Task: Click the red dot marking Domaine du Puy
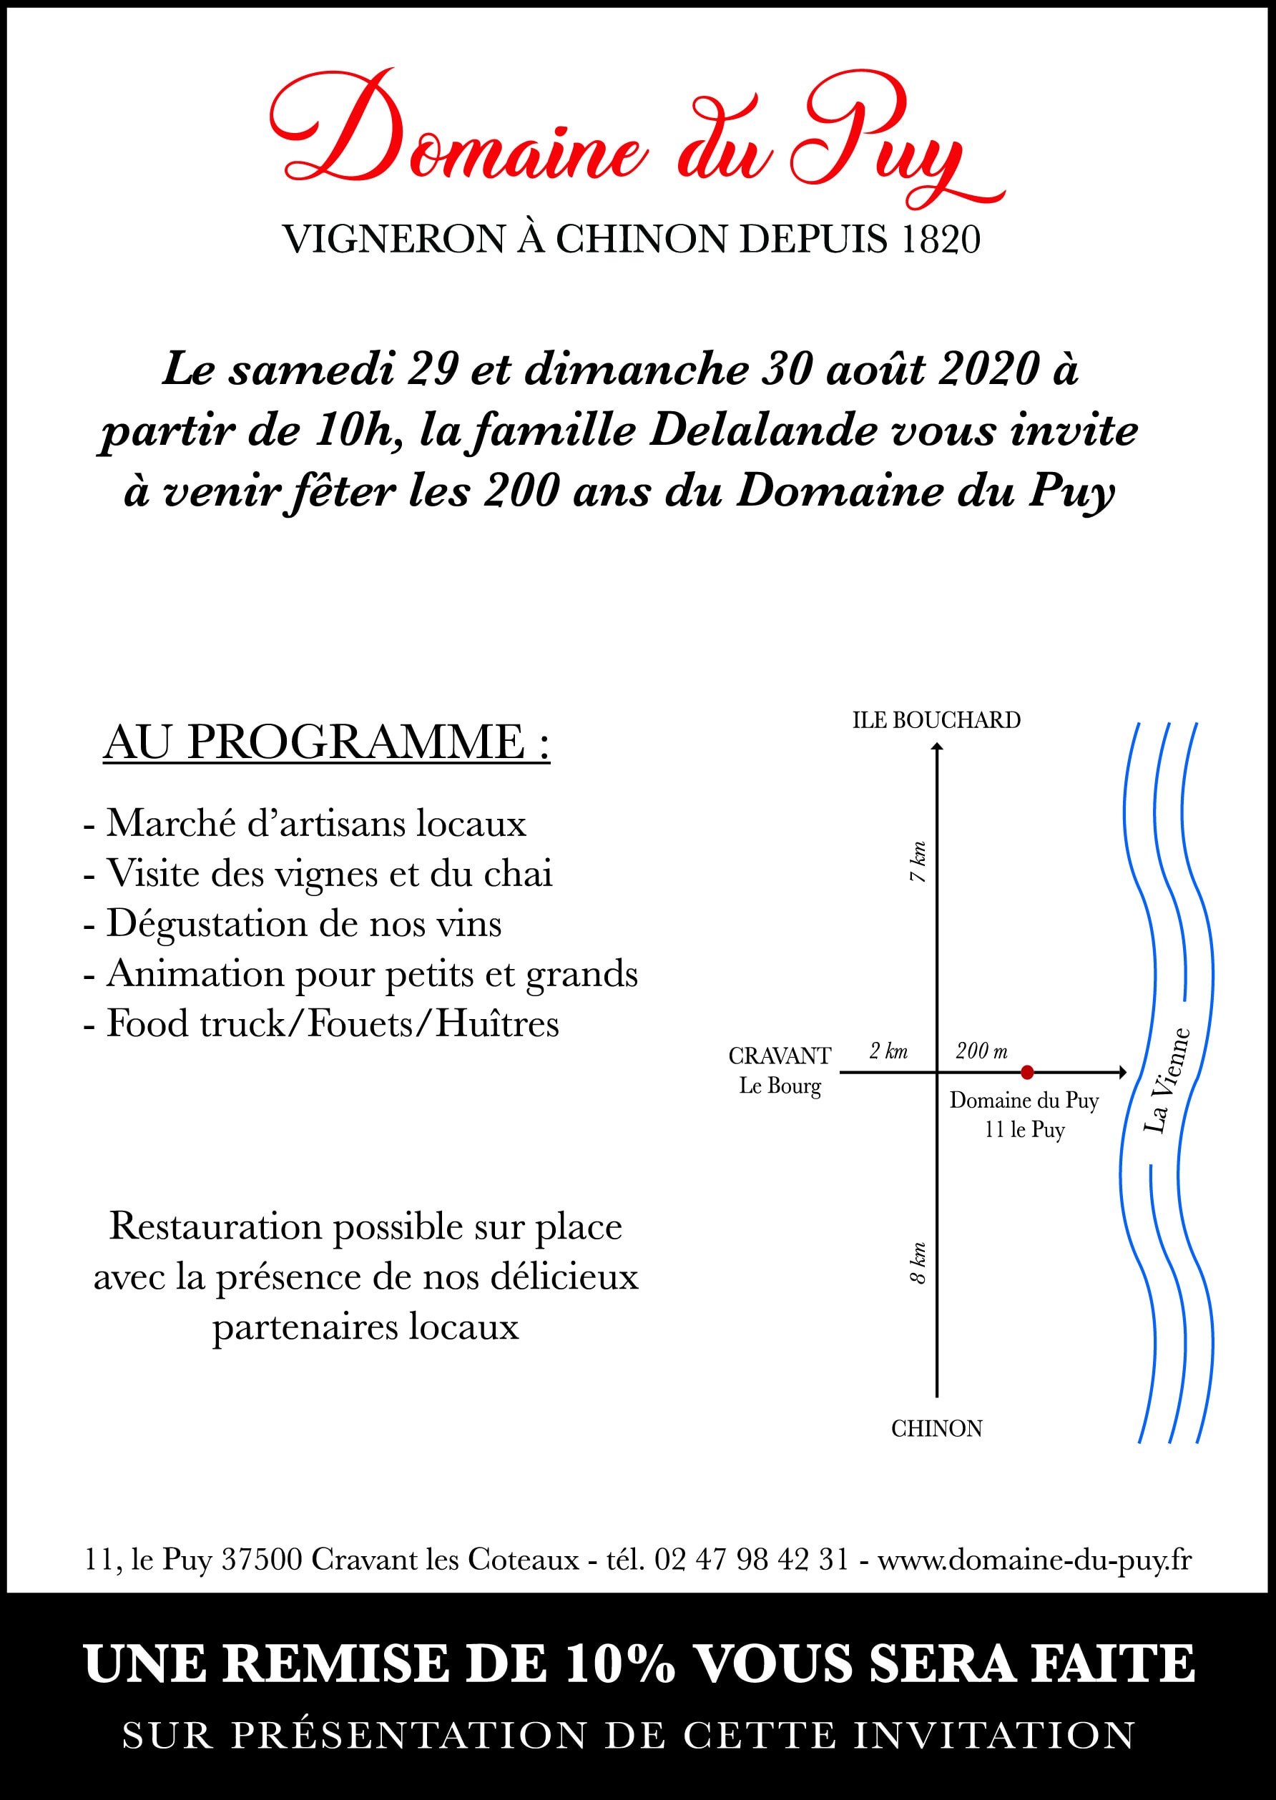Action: tap(1026, 1072)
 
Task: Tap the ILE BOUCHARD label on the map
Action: tap(936, 720)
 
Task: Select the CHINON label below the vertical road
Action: tap(936, 1450)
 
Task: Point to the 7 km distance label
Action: tap(918, 862)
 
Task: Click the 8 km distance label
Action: tap(918, 1264)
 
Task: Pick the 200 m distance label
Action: tap(981, 1051)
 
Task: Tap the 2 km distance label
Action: tap(888, 1051)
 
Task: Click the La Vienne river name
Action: tap(1167, 1081)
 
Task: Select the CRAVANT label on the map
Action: tap(780, 1056)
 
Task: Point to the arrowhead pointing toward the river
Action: tap(1123, 1072)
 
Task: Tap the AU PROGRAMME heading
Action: tap(326, 742)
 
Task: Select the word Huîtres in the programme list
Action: tap(497, 1024)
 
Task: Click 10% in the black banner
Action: tap(619, 1664)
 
